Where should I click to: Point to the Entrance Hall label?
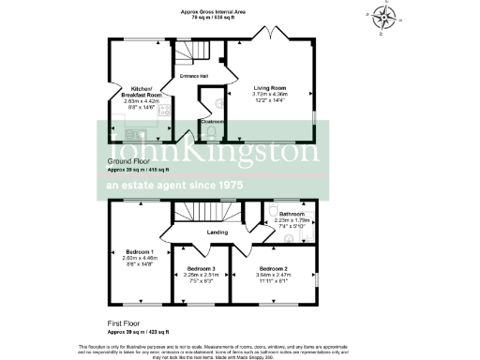[194, 76]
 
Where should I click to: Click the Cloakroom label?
[210, 121]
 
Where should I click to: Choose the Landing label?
[217, 232]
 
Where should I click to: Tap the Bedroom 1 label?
[140, 252]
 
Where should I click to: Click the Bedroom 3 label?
[201, 269]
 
